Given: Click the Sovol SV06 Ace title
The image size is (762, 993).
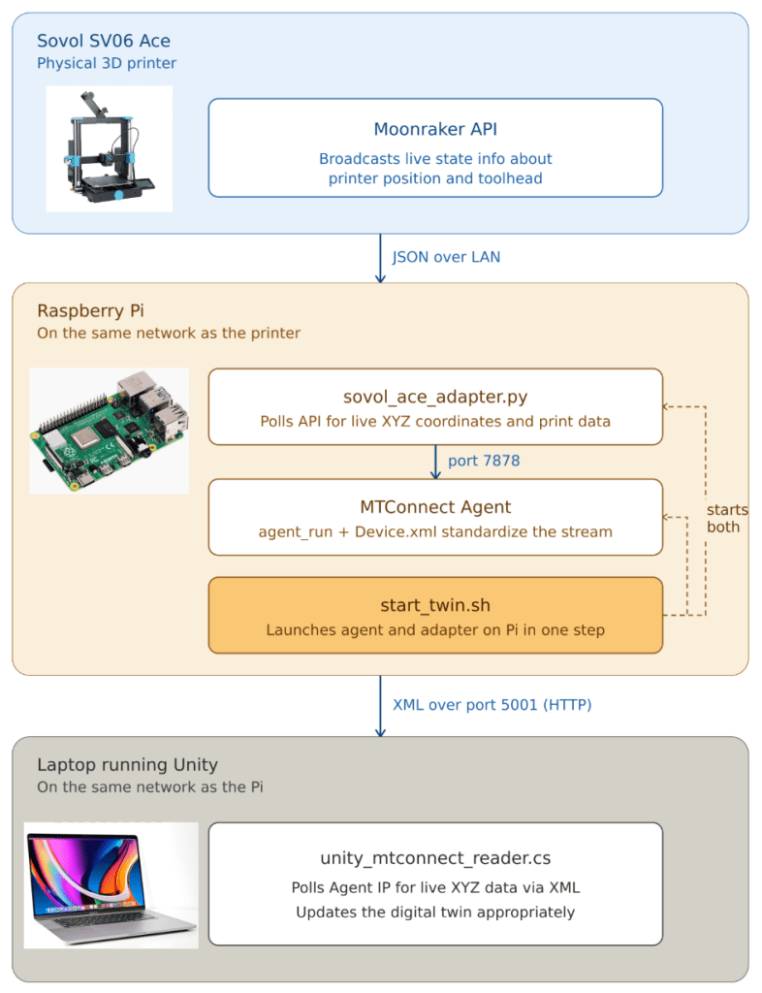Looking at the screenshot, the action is pyautogui.click(x=103, y=41).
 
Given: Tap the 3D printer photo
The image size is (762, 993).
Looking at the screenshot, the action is pyautogui.click(x=109, y=148).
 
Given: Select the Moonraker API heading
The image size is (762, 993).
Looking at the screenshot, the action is pyautogui.click(x=435, y=129).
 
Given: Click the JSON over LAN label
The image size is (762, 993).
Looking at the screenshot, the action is pyautogui.click(x=446, y=257).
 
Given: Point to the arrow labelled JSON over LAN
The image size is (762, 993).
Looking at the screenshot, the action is pyautogui.click(x=380, y=258).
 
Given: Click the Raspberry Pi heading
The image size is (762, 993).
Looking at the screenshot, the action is pyautogui.click(x=90, y=311).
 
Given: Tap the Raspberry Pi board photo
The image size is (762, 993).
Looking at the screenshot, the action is pyautogui.click(x=109, y=431).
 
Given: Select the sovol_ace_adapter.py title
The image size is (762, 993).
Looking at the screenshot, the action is pyautogui.click(x=435, y=397).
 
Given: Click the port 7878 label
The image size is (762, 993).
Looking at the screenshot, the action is pyautogui.click(x=484, y=461).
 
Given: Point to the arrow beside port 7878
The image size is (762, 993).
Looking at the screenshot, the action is pyautogui.click(x=435, y=462).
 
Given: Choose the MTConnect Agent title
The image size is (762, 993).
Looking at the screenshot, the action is pyautogui.click(x=435, y=506).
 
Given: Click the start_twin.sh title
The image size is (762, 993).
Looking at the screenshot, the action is pyautogui.click(x=435, y=605).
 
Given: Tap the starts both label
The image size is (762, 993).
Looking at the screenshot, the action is pyautogui.click(x=727, y=518).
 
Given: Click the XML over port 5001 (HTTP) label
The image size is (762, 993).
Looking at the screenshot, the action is pyautogui.click(x=492, y=705).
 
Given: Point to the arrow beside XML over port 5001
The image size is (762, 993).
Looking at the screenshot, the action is pyautogui.click(x=380, y=706).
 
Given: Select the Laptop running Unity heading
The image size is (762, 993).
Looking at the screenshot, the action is pyautogui.click(x=127, y=765).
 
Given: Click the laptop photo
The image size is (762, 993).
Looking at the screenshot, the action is pyautogui.click(x=111, y=885).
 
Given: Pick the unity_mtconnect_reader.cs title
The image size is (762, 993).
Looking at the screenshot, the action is pyautogui.click(x=435, y=858).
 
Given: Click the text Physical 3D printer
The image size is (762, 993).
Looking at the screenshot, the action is pyautogui.click(x=107, y=63).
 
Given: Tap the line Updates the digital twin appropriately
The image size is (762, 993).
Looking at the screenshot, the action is pyautogui.click(x=435, y=912).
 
